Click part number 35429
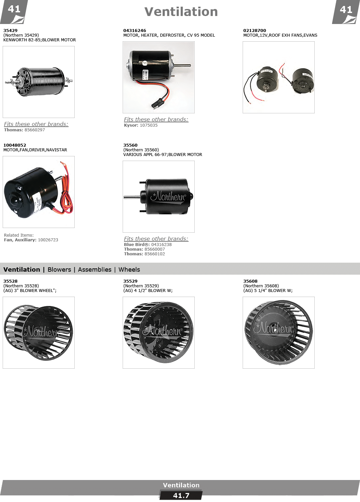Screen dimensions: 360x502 [10, 30]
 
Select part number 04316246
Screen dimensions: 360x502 [134, 30]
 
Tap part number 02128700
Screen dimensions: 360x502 [255, 30]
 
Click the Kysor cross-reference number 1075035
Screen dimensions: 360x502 [149, 125]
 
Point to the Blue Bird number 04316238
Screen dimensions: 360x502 [161, 245]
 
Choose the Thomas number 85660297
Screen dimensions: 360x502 [35, 130]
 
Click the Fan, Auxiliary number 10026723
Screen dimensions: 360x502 [48, 240]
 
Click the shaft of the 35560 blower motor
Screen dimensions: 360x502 [132, 197]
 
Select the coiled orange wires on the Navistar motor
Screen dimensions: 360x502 [66, 193]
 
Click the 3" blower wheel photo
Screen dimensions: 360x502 [39, 333]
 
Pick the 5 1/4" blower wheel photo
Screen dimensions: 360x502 [279, 333]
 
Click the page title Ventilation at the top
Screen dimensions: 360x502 [181, 12]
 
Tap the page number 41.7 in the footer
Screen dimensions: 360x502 [181, 496]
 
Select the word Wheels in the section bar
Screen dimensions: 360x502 [129, 270]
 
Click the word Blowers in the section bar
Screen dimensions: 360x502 [59, 270]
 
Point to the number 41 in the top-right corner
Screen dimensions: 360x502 [346, 10]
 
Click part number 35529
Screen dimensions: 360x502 [130, 281]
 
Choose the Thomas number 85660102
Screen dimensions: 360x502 [155, 254]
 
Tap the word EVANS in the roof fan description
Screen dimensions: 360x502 [310, 35]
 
